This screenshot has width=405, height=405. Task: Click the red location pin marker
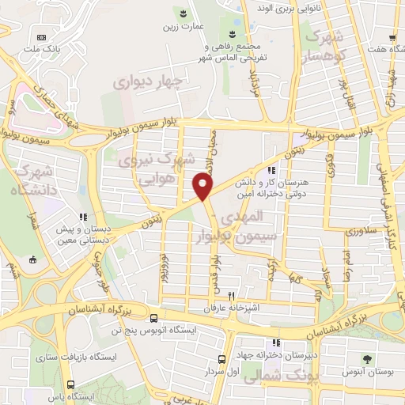coord(203,187)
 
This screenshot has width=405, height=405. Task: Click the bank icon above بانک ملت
coord(42,36)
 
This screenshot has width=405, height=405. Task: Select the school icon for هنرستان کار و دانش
coord(272,169)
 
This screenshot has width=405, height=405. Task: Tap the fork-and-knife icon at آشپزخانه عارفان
coord(231,293)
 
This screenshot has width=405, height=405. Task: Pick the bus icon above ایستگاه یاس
coord(71,384)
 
